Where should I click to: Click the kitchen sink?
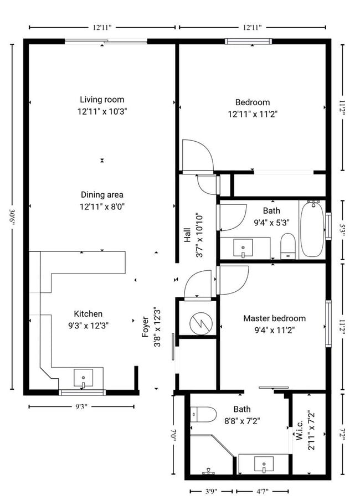click(x=84, y=379)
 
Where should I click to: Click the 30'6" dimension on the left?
click(x=13, y=216)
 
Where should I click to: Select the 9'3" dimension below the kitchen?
click(x=81, y=406)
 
